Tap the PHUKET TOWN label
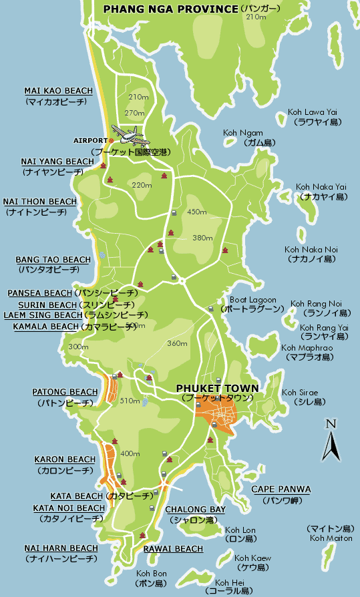[217, 388]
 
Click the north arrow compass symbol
[331, 441]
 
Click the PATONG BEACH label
[65, 392]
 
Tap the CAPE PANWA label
[281, 489]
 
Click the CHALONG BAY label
[195, 510]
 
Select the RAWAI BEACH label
[173, 549]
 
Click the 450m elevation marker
[197, 212]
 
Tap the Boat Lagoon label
[252, 301]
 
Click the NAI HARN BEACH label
[61, 548]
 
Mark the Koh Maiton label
[327, 538]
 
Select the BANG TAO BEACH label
[53, 260]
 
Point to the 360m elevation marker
[177, 343]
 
